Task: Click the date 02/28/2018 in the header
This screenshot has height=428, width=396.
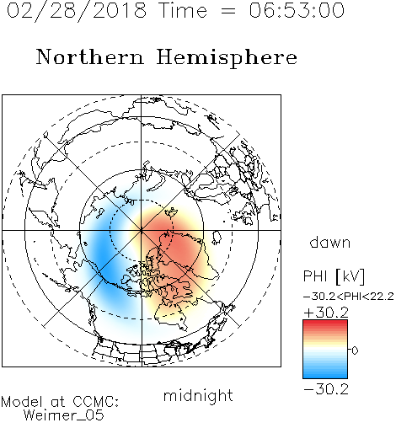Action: (77, 11)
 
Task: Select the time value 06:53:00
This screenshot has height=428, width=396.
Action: (297, 10)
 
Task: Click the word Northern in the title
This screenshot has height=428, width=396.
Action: (90, 57)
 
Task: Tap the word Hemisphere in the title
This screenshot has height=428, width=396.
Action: (227, 58)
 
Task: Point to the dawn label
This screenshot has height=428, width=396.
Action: (330, 242)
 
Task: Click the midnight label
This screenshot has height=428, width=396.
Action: (198, 395)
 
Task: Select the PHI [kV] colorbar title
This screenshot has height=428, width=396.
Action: (334, 276)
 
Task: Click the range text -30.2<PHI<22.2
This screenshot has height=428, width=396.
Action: (348, 297)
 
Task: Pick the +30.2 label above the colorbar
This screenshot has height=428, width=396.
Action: (326, 313)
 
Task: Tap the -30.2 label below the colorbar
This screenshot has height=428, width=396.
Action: (326, 389)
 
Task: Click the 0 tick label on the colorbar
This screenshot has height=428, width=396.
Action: (355, 350)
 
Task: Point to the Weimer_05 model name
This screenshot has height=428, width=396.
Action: (64, 415)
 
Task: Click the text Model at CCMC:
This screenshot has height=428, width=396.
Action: (60, 402)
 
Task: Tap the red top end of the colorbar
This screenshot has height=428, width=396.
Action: (325, 322)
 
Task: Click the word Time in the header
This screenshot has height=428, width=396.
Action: (183, 10)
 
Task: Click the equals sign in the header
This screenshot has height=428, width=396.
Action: (227, 11)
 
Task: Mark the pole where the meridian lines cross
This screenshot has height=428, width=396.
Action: (142, 230)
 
